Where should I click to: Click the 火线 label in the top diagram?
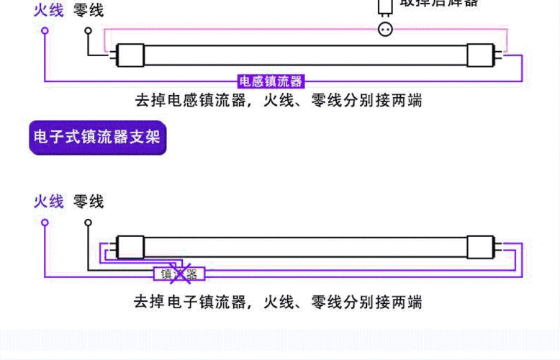[x=48, y=10]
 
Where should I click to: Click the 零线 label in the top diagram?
[x=89, y=10]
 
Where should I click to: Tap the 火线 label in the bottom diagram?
[x=48, y=202]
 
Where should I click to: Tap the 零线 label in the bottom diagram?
[x=89, y=202]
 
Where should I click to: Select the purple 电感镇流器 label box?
[x=271, y=81]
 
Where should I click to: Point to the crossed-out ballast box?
[x=179, y=274]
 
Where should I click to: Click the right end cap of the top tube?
[x=482, y=53]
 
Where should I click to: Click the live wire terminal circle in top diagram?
[x=45, y=32]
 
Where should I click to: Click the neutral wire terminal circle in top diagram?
[x=89, y=32]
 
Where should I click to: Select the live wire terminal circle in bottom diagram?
[x=45, y=222]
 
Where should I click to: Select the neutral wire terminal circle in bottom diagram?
[x=89, y=222]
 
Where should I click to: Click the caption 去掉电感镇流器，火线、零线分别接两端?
[x=278, y=101]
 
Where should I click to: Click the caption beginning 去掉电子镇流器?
[x=278, y=301]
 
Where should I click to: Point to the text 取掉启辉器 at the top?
[x=439, y=3]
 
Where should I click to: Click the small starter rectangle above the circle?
[x=385, y=7]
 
